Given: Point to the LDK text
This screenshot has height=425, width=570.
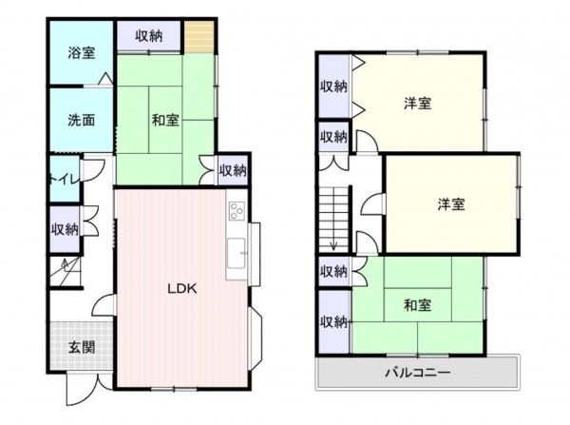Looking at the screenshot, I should pos(181,290).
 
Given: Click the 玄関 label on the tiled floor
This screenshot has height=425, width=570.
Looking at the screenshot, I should pos(81,347).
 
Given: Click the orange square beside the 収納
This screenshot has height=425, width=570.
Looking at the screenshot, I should pos(198,37).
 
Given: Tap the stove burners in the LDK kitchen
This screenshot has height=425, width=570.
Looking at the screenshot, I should pos(236,211).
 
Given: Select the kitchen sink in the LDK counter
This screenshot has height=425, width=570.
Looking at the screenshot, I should pos(236,255).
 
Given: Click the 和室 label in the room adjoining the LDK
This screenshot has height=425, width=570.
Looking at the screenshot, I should pos(165,120).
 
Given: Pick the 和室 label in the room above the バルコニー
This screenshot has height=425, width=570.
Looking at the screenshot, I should pos(417,305).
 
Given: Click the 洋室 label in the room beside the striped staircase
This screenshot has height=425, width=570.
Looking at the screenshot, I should pos(450,203).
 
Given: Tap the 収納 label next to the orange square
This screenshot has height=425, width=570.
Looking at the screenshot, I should pos(147,36).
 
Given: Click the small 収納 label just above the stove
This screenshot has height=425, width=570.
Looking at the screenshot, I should pos(233,170).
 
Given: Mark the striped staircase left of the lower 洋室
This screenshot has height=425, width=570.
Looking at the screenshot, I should pos(333,218).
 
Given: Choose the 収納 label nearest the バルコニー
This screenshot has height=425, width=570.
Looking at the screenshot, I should pos(332,321).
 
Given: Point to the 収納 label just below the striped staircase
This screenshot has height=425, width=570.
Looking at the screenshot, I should pos(332,272).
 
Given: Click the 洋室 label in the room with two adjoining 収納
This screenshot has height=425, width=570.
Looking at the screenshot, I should pos(417,103).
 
